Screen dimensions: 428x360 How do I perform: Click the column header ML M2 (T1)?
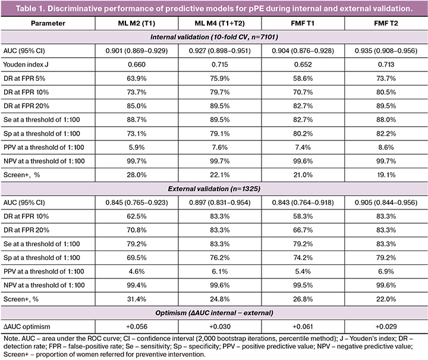[137, 23]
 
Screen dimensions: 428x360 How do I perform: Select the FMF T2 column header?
[386, 23]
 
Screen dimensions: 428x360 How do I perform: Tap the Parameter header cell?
[48, 23]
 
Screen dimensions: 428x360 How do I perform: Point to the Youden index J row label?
[26, 64]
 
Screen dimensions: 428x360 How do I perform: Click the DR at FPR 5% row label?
[24, 79]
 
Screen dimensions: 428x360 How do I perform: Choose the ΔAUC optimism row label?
[27, 327]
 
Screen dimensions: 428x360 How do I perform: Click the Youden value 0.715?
[220, 64]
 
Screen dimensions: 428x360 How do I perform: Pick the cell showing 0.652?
[303, 64]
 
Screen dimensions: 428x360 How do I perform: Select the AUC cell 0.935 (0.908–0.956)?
[386, 51]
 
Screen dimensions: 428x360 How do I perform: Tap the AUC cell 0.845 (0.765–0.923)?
[137, 202]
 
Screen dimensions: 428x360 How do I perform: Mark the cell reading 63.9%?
[137, 79]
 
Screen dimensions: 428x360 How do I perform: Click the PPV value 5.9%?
[137, 147]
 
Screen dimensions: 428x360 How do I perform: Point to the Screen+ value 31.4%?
[137, 299]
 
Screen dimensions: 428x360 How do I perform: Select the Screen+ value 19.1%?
[386, 175]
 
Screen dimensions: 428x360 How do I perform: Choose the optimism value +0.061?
[303, 327]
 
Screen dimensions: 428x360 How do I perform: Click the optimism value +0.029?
[386, 327]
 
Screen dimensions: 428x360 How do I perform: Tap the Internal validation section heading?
[214, 37]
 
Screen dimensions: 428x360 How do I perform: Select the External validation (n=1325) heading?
[214, 189]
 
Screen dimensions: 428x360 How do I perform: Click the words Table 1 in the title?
[30, 8]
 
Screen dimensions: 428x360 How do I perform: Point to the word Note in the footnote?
[11, 339]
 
